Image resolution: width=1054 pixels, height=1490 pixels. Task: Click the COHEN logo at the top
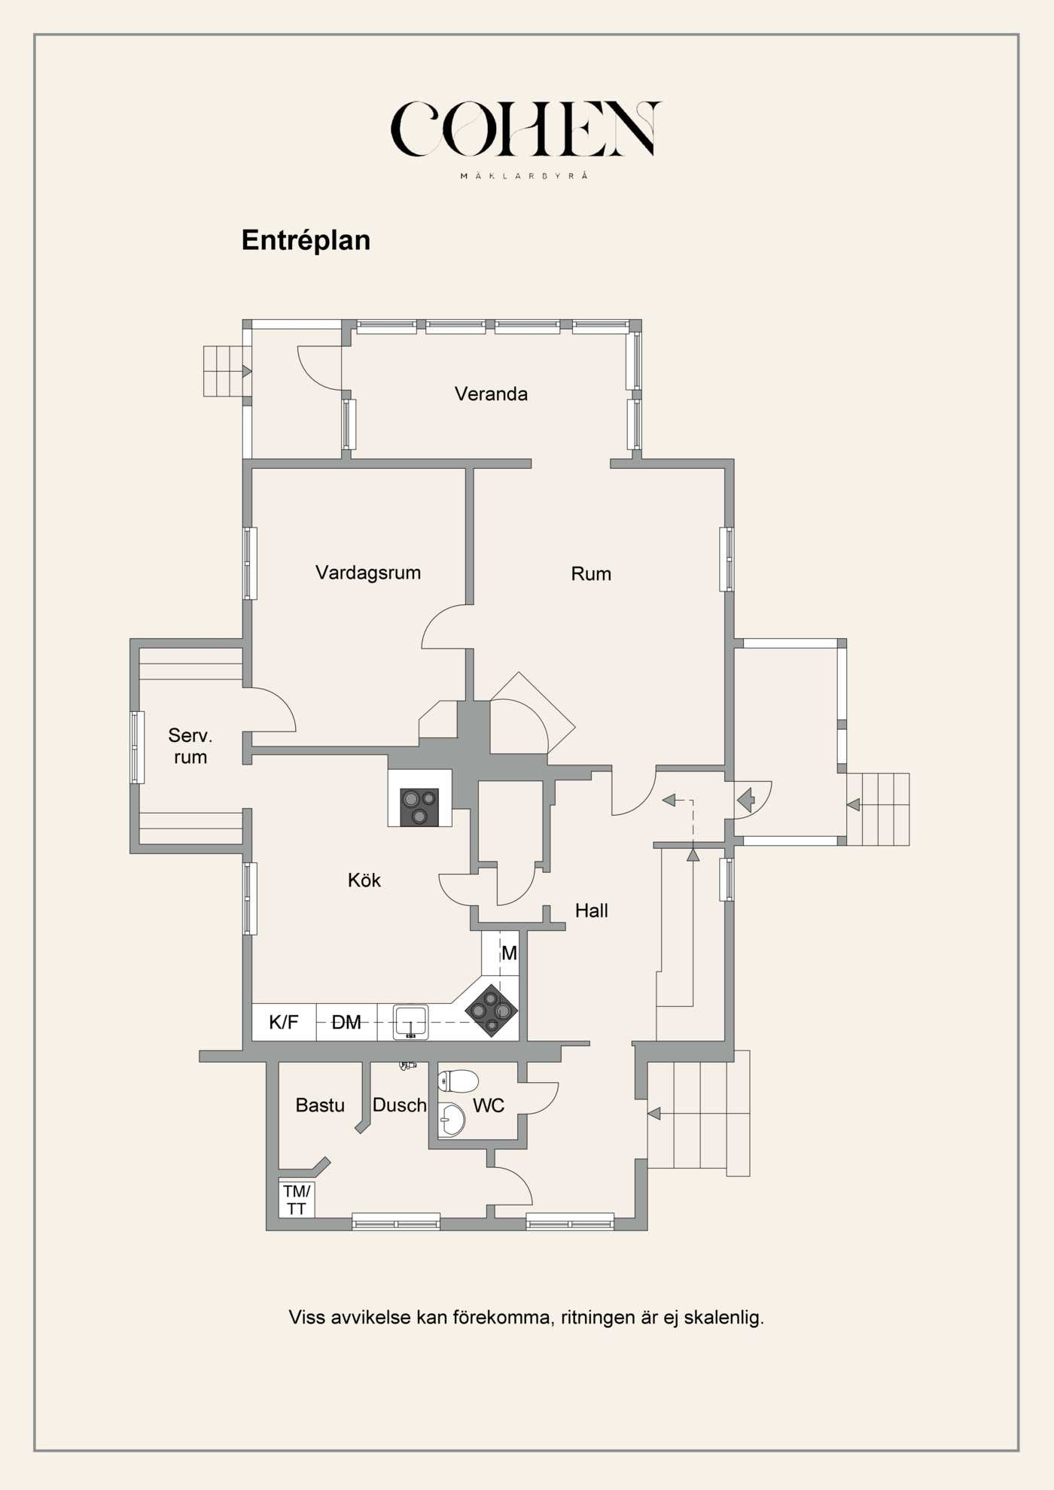point(525,129)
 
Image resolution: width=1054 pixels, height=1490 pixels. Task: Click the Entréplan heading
point(306,240)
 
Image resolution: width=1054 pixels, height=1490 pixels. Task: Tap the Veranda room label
point(491,394)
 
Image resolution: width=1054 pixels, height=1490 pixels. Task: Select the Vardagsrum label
point(367,573)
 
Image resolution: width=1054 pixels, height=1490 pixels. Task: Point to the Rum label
point(591,574)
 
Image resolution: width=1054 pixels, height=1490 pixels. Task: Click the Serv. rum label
point(190,747)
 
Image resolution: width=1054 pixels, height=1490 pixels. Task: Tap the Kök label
point(364,880)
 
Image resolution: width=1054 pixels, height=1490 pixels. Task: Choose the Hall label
point(591,911)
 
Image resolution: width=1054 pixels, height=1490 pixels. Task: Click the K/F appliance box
point(284,1022)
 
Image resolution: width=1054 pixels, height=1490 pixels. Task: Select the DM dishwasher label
point(346,1022)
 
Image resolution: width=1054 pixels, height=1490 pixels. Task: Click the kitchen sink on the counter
point(410,1022)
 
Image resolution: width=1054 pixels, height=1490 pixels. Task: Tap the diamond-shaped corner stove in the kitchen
point(492,1011)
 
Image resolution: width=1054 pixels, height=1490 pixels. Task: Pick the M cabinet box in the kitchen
point(508,953)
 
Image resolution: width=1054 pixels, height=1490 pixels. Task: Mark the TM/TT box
point(296,1200)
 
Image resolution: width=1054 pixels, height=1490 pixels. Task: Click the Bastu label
point(320,1105)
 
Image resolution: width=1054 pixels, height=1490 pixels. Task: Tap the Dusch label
point(399,1105)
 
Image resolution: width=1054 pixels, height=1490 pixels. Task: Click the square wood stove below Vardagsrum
point(419,807)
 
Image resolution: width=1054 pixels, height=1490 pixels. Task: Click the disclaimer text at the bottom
point(526,1318)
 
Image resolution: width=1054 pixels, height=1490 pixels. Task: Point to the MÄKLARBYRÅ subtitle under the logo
point(525,176)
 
